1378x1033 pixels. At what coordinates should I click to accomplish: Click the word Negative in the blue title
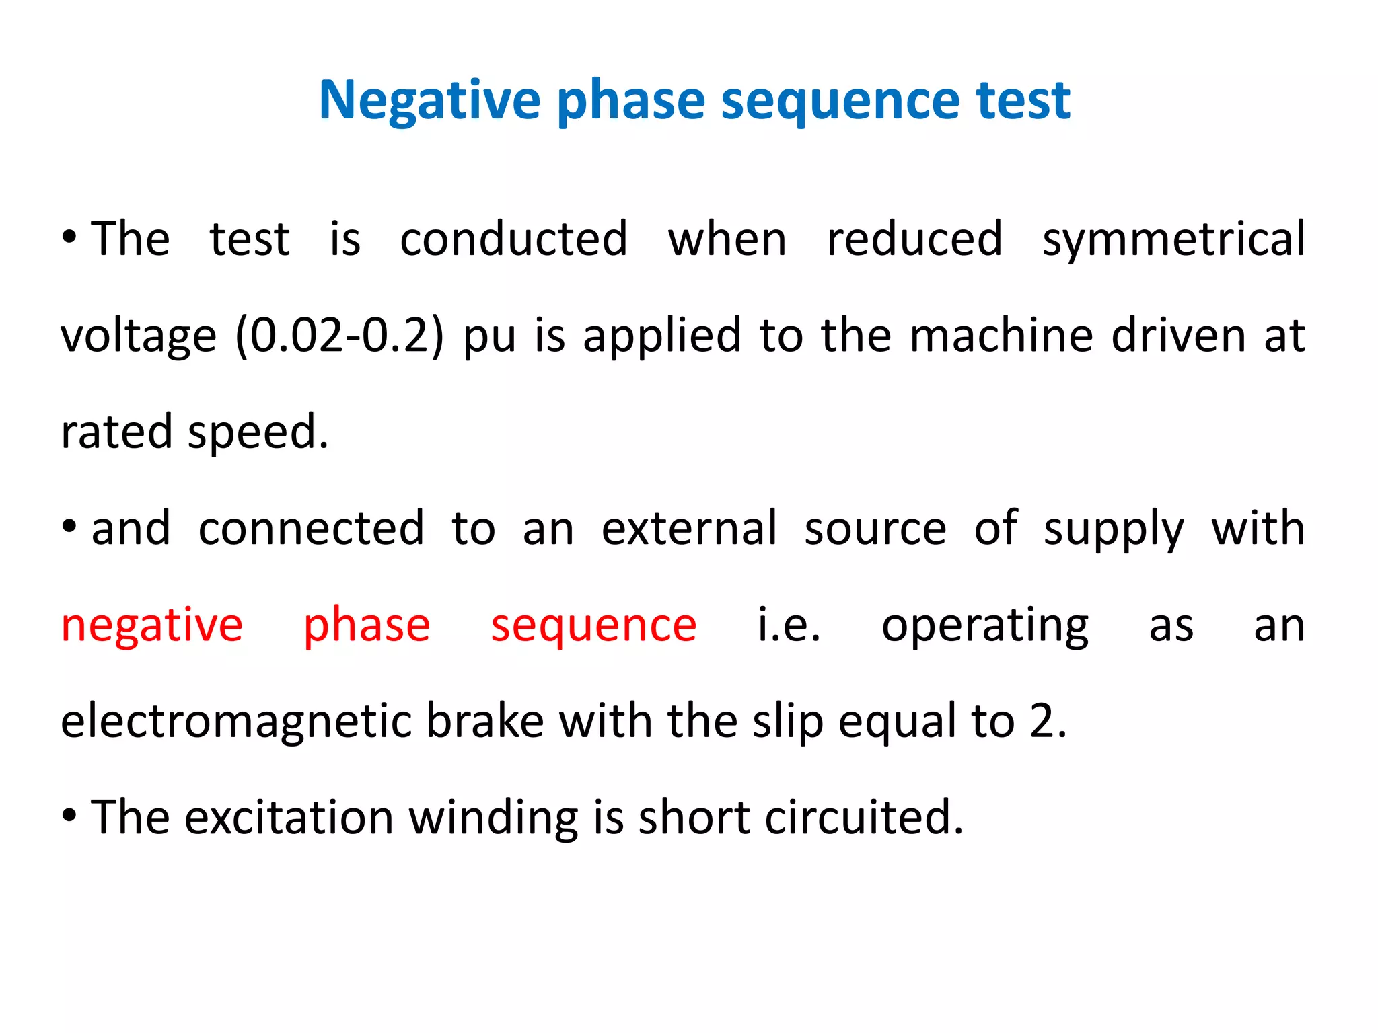(x=429, y=101)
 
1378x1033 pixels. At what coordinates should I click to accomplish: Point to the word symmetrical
(x=1173, y=240)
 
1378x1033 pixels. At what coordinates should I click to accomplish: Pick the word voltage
(x=139, y=337)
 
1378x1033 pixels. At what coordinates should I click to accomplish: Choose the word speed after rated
(x=258, y=432)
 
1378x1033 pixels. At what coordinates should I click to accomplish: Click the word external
(x=689, y=529)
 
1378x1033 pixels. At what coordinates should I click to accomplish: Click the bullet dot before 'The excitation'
(x=69, y=815)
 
